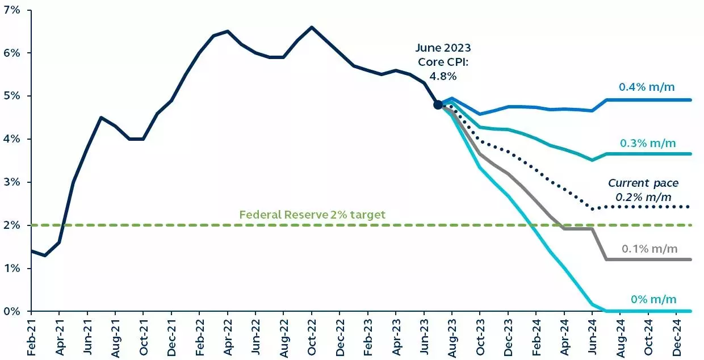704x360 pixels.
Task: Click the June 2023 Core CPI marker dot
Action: pos(438,104)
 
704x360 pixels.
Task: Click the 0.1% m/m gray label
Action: pos(649,249)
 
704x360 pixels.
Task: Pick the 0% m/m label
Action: pos(653,299)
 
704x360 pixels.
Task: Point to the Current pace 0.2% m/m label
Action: pos(643,190)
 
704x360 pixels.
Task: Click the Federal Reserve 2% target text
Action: pos(312,215)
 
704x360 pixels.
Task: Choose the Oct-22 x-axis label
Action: pos(311,337)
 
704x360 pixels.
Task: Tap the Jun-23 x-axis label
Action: pos(424,337)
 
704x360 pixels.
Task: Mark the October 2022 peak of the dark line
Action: pos(312,27)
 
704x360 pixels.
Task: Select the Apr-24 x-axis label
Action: pos(564,337)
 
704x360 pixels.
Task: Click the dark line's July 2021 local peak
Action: pos(101,118)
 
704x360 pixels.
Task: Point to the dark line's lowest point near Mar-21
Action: pos(45,256)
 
